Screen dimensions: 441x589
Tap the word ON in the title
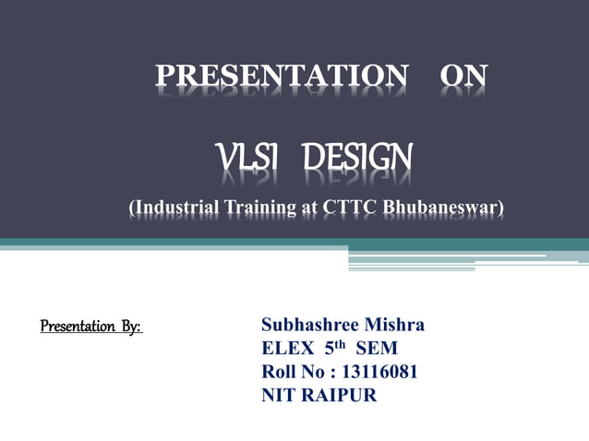click(463, 77)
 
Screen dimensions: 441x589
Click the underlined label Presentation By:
click(91, 327)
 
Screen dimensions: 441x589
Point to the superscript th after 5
click(339, 344)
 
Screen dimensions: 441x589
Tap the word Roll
click(279, 373)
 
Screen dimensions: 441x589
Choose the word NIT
click(278, 396)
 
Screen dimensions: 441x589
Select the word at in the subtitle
click(309, 208)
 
